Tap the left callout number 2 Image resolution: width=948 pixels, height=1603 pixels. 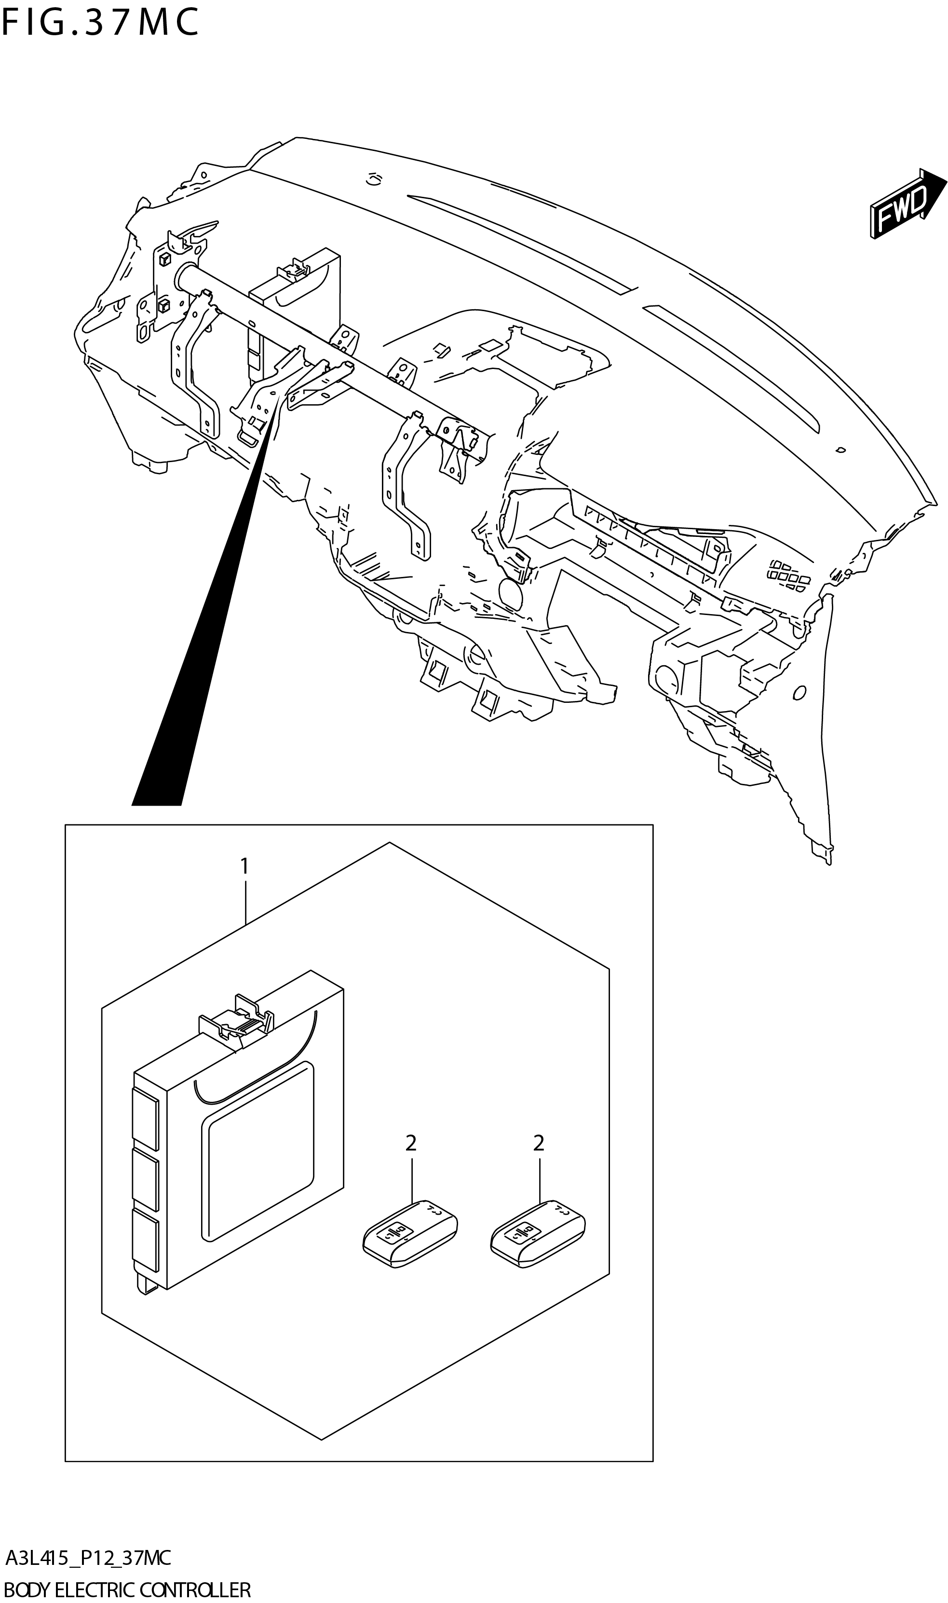[411, 1143]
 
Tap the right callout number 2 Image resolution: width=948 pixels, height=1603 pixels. [539, 1143]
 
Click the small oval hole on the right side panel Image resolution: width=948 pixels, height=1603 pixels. [799, 693]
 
